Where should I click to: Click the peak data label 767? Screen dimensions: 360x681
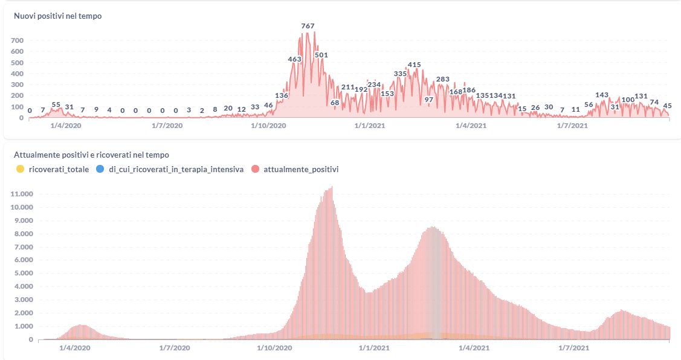pyautogui.click(x=308, y=26)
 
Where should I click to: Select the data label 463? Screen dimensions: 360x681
pyautogui.click(x=294, y=59)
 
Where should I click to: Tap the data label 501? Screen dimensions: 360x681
pyautogui.click(x=321, y=55)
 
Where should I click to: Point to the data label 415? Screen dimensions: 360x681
pyautogui.click(x=414, y=65)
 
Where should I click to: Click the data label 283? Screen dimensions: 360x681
pyautogui.click(x=442, y=79)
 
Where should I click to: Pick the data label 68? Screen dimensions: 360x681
pyautogui.click(x=335, y=103)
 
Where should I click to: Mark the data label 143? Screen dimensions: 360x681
pyautogui.click(x=602, y=95)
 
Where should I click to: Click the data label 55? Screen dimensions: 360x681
pyautogui.click(x=56, y=104)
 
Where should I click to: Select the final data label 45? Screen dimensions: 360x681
pyautogui.click(x=668, y=106)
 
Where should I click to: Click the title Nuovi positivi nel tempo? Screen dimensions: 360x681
pyautogui.click(x=57, y=16)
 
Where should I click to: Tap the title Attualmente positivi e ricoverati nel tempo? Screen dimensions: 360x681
pyautogui.click(x=91, y=155)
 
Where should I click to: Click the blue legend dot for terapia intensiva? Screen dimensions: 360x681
pyautogui.click(x=100, y=170)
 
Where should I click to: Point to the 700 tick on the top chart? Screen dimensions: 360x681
pyautogui.click(x=17, y=40)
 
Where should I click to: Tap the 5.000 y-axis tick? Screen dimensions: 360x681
pyautogui.click(x=23, y=273)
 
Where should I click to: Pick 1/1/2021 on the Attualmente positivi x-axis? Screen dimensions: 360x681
pyautogui.click(x=373, y=349)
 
